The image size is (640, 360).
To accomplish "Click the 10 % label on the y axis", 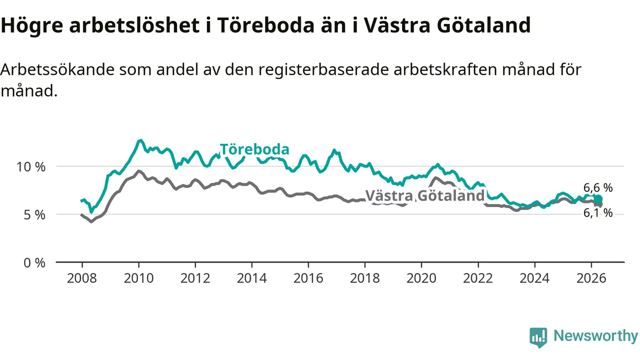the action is pyautogui.click(x=31, y=167).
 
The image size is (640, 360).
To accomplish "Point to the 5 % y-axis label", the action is pyautogui.click(x=34, y=215).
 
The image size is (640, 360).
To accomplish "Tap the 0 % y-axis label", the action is pyautogui.click(x=34, y=263).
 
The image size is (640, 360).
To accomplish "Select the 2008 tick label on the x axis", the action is pyautogui.click(x=82, y=278).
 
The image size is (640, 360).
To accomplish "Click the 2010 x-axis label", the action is pyautogui.click(x=138, y=278).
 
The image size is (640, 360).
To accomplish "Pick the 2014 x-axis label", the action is pyautogui.click(x=251, y=278).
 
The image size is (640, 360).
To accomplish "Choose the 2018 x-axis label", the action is pyautogui.click(x=365, y=278).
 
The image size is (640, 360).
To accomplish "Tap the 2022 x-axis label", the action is pyautogui.click(x=478, y=278).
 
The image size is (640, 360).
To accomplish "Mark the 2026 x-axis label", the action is pyautogui.click(x=591, y=278).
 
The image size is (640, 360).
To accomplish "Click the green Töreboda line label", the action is pyautogui.click(x=254, y=149).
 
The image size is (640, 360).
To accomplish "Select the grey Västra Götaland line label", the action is pyautogui.click(x=425, y=195).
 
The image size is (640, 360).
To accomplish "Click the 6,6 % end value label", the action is pyautogui.click(x=598, y=187).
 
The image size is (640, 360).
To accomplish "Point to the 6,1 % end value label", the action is pyautogui.click(x=598, y=213).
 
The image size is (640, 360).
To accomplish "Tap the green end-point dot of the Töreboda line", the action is pyautogui.click(x=598, y=199).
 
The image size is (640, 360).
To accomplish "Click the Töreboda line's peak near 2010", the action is pyautogui.click(x=139, y=140).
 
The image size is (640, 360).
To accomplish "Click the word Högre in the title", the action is pyautogui.click(x=32, y=25).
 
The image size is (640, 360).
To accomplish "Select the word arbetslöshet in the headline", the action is pyautogui.click(x=134, y=25).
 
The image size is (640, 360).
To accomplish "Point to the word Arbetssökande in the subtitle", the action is pyautogui.click(x=57, y=69).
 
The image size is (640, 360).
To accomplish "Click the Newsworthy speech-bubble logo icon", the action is pyautogui.click(x=538, y=337).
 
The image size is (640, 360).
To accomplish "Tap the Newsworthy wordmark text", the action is pyautogui.click(x=595, y=336).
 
